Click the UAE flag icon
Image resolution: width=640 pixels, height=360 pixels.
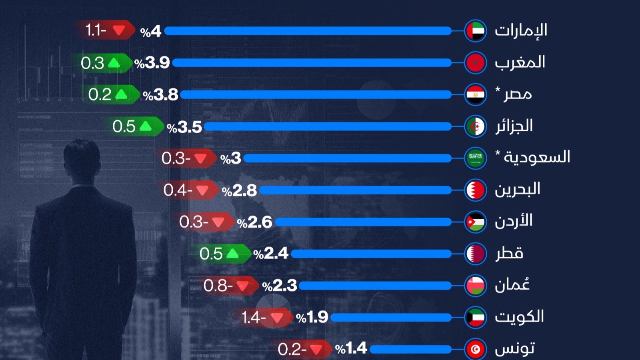[x=476, y=31]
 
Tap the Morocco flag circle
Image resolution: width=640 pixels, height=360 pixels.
[x=476, y=63]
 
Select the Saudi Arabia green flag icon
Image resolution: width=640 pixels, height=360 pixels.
[x=476, y=158]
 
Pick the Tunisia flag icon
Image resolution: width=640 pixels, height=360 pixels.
[x=476, y=349]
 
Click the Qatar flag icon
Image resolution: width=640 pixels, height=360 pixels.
[x=476, y=254]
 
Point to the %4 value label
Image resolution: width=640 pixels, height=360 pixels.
[x=151, y=31]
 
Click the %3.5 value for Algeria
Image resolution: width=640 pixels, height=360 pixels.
[x=184, y=127]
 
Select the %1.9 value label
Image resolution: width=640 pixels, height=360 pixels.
[x=312, y=318]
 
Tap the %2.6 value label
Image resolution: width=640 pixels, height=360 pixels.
[x=255, y=222]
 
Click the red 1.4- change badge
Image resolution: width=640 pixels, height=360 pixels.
[x=262, y=318]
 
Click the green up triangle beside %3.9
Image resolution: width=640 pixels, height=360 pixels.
[x=114, y=63]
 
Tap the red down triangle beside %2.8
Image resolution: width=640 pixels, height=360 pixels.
[x=202, y=190]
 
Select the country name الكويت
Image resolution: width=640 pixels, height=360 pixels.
[x=519, y=317]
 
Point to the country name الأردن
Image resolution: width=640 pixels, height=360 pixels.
[x=514, y=221]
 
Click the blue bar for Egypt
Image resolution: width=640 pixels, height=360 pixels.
[x=316, y=95]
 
